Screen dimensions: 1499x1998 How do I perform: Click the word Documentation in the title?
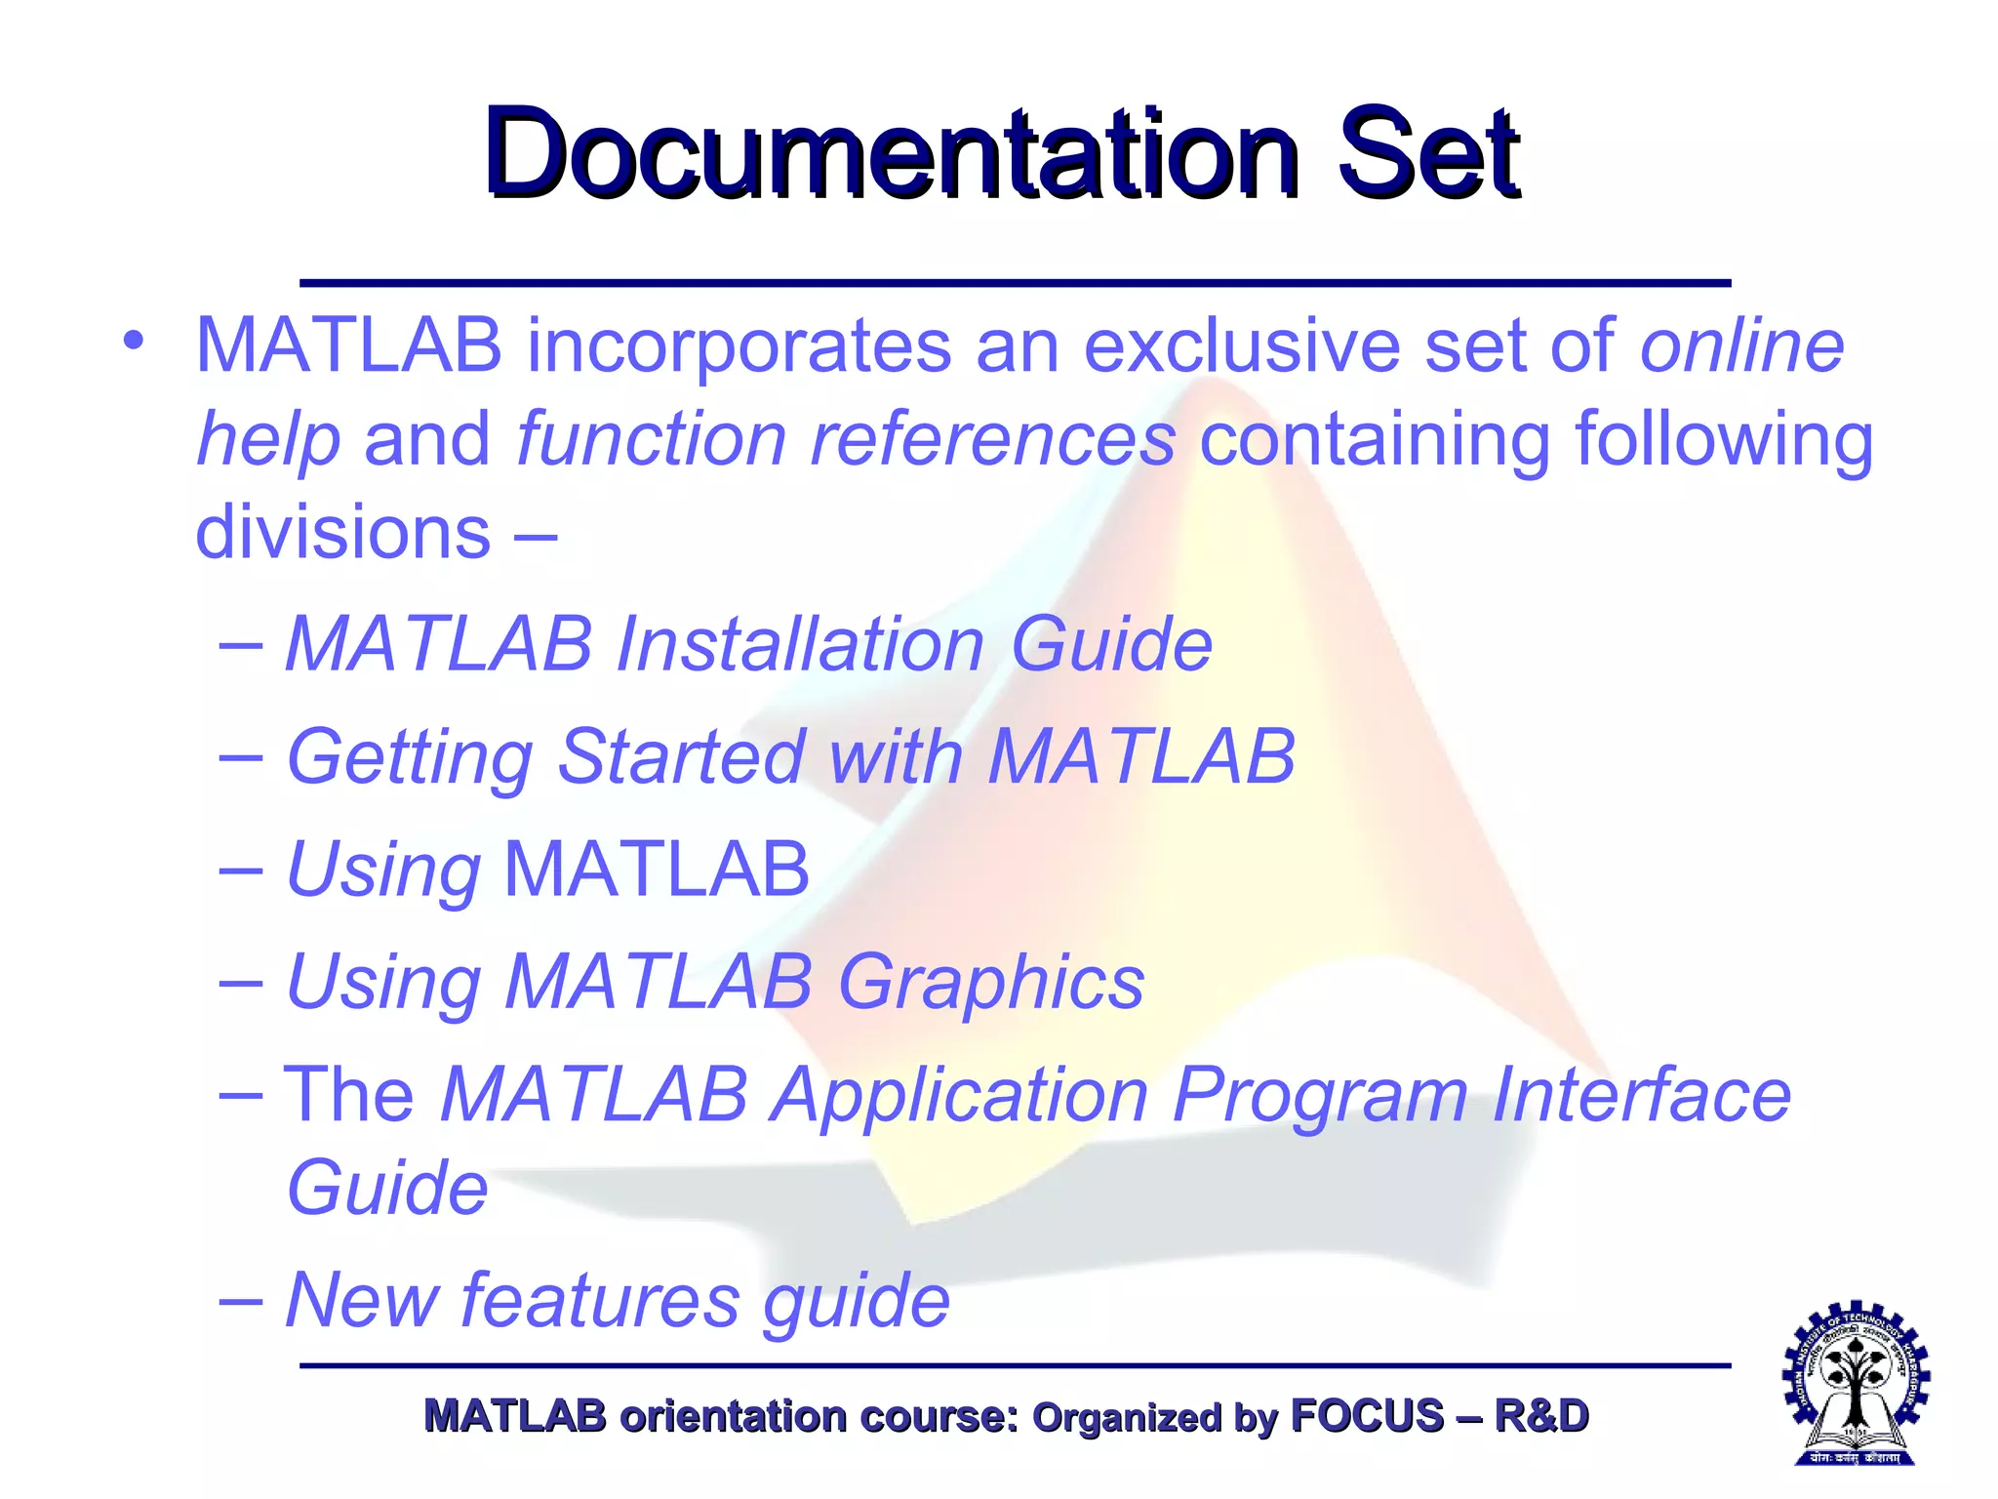tap(891, 154)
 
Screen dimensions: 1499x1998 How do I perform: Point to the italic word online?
tap(1741, 345)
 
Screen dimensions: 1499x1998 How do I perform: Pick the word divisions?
tap(342, 533)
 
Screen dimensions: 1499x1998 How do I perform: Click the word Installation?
tap(800, 644)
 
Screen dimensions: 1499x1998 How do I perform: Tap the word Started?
tap(680, 756)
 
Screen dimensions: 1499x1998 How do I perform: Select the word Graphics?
tap(990, 981)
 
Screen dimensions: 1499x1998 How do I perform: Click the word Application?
tap(959, 1095)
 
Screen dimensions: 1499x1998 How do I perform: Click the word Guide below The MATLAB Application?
tap(387, 1188)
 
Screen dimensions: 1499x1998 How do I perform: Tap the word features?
tap(600, 1300)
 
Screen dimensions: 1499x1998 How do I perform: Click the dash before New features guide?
tap(240, 1300)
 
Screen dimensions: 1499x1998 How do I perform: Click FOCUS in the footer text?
tap(1366, 1416)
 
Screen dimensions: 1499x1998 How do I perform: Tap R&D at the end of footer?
tap(1540, 1416)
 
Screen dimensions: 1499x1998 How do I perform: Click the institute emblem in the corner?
tap(1856, 1383)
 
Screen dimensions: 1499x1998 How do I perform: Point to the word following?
tap(1724, 439)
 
